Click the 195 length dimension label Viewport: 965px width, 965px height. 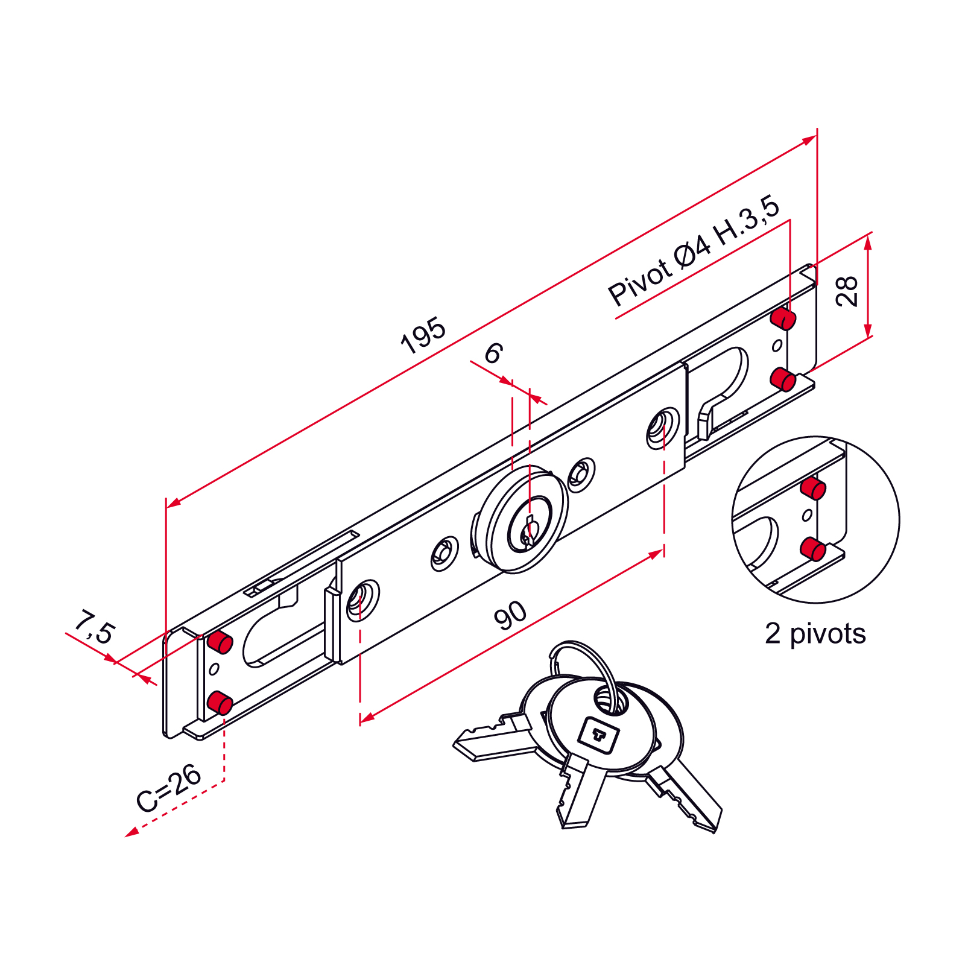(x=423, y=335)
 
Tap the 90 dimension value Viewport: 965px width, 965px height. (x=510, y=615)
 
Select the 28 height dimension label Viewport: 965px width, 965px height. (x=847, y=291)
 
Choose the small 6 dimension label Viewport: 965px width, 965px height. (x=493, y=353)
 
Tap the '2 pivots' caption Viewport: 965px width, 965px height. (x=815, y=634)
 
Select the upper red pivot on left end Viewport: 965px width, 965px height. (x=220, y=642)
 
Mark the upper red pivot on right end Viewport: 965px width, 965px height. (x=783, y=318)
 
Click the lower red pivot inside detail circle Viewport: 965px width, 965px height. (x=813, y=549)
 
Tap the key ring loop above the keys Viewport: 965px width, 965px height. (x=582, y=657)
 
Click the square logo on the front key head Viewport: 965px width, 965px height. (x=598, y=734)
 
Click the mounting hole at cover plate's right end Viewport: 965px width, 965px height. (x=662, y=428)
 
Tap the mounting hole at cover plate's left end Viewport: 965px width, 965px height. (x=362, y=600)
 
